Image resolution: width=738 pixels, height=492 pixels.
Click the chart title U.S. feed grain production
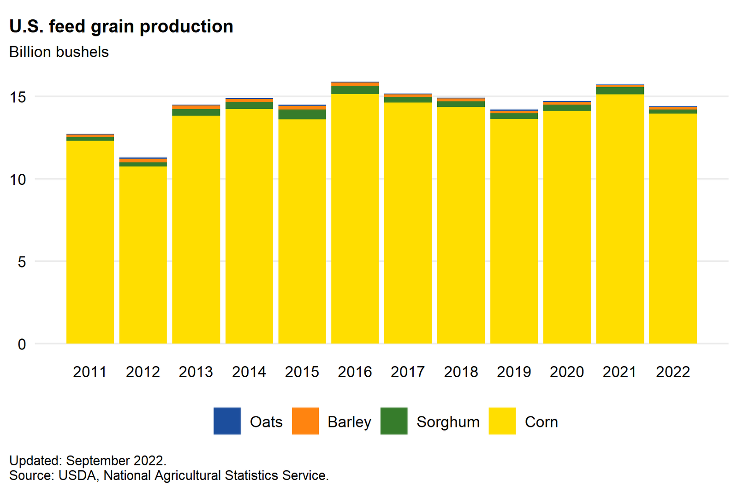click(x=121, y=27)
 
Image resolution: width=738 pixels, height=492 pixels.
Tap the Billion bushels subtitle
click(x=59, y=52)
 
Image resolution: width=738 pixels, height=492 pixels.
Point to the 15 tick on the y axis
click(x=18, y=97)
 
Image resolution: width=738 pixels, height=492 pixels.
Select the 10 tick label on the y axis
click(x=18, y=179)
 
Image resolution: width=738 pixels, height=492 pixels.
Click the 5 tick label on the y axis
click(x=22, y=262)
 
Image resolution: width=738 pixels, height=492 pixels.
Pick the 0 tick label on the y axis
click(x=22, y=344)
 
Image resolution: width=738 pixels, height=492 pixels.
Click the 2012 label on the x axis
click(x=143, y=372)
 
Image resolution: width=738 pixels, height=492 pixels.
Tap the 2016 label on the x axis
click(x=355, y=372)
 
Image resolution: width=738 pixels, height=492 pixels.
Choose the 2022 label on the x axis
click(x=673, y=372)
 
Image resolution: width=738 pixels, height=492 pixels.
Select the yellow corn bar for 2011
click(x=90, y=242)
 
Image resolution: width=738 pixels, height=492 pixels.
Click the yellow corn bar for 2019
click(x=514, y=231)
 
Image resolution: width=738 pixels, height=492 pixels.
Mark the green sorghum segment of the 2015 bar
click(x=302, y=114)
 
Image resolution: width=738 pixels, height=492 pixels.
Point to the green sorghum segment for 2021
click(x=620, y=91)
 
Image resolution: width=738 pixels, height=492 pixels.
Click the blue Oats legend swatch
click(x=227, y=421)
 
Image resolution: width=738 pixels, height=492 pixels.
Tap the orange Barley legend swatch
click(x=305, y=421)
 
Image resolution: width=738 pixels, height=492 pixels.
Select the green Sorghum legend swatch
click(x=394, y=421)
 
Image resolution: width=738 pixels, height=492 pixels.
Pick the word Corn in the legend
click(x=541, y=422)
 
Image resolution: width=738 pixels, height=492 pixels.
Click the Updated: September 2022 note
click(x=88, y=461)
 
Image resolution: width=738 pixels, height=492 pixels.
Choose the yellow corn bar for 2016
click(x=355, y=219)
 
